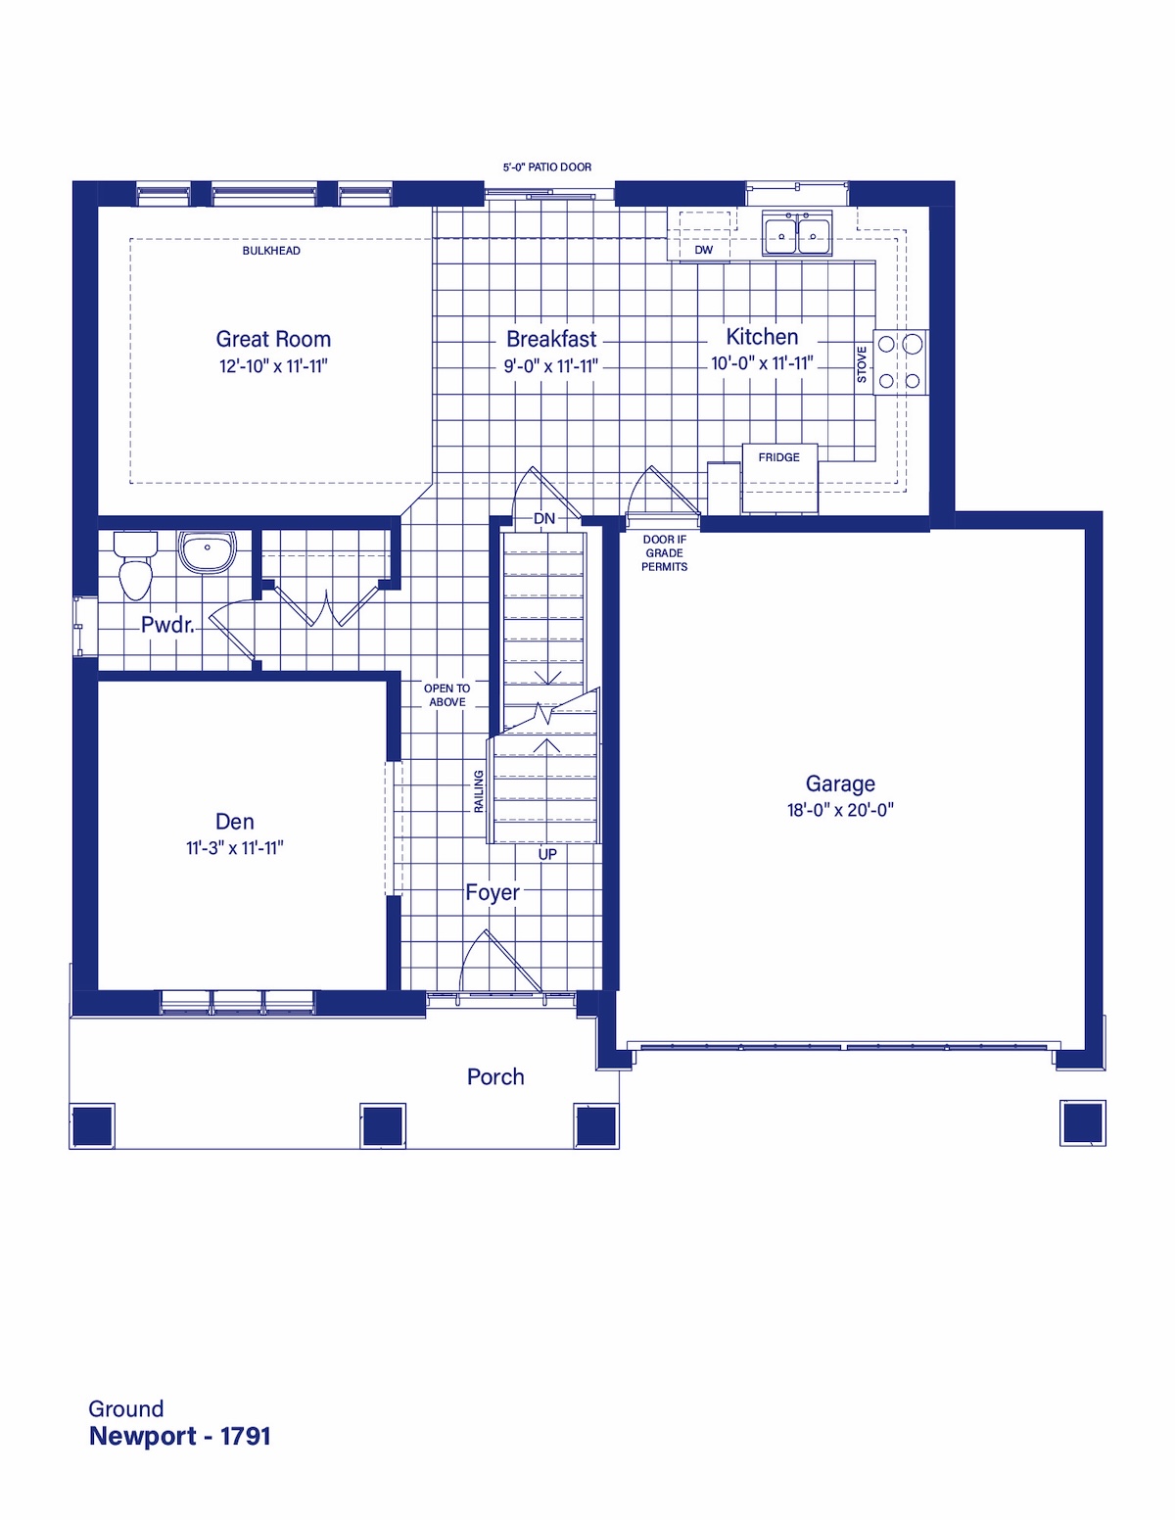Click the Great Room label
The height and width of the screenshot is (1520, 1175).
click(x=273, y=339)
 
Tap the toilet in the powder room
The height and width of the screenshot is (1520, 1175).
click(x=135, y=565)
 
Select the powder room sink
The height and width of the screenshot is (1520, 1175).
click(x=207, y=552)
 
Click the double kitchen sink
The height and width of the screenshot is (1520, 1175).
click(x=797, y=233)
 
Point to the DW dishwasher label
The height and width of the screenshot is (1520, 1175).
click(x=704, y=250)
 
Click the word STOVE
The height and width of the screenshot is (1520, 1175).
click(x=862, y=364)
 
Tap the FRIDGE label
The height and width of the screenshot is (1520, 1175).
click(x=778, y=457)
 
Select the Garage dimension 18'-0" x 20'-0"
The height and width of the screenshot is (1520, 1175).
click(x=840, y=810)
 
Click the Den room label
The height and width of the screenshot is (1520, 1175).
click(x=235, y=821)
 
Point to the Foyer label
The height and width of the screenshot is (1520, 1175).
click(x=493, y=893)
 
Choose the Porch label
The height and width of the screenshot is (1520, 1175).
click(x=495, y=1076)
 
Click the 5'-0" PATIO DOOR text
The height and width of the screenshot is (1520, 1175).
click(x=546, y=167)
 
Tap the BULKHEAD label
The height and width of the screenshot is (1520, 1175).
click(x=271, y=251)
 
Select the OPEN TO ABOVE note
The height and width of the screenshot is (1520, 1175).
click(x=447, y=695)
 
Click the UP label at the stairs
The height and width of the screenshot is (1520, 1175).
click(x=547, y=854)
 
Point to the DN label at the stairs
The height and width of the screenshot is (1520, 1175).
click(x=544, y=518)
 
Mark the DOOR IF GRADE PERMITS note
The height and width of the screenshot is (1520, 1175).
click(x=665, y=553)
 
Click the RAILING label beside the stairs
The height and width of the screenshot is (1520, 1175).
click(x=479, y=791)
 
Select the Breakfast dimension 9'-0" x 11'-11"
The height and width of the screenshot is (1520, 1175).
click(x=551, y=366)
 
